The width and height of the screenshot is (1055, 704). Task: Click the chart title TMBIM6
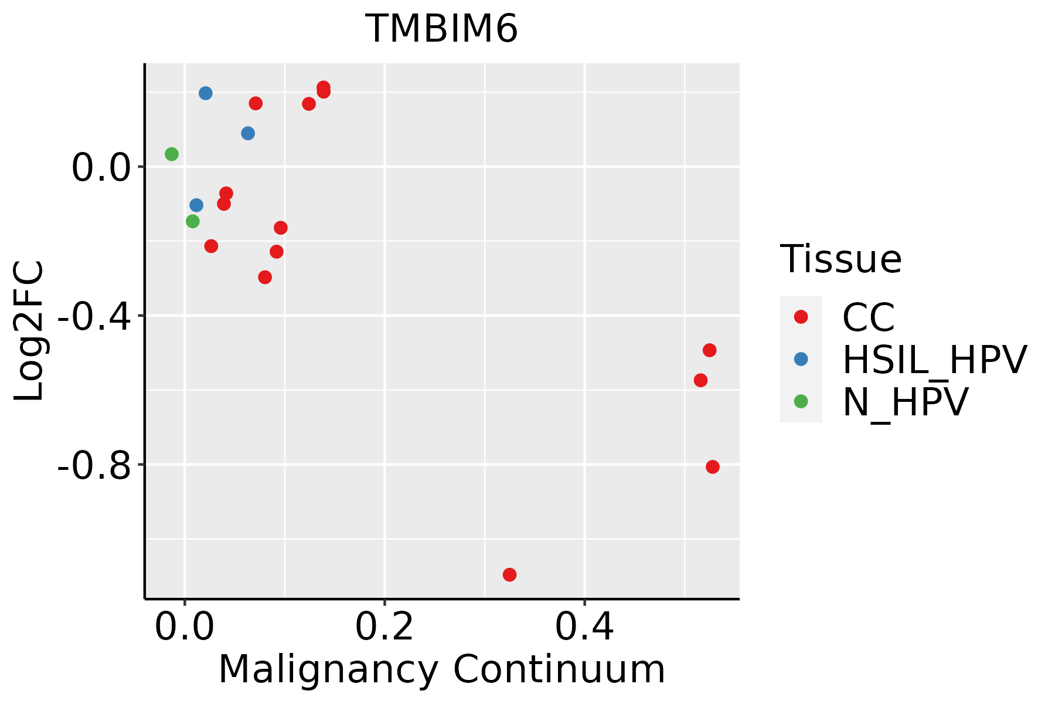pyautogui.click(x=441, y=29)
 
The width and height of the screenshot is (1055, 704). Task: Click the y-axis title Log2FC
pyautogui.click(x=29, y=331)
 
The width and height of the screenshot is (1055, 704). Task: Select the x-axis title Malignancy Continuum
pyautogui.click(x=441, y=669)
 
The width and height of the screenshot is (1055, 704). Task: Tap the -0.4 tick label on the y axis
pyautogui.click(x=94, y=316)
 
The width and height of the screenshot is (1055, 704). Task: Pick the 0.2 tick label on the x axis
pyautogui.click(x=384, y=628)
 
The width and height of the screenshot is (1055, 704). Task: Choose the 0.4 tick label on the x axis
pyautogui.click(x=584, y=628)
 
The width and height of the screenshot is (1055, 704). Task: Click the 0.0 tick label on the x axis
pyautogui.click(x=184, y=628)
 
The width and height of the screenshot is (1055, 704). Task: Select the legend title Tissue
pyautogui.click(x=840, y=259)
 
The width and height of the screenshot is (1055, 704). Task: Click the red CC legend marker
pyautogui.click(x=801, y=317)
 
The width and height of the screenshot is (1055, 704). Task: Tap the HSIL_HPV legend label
pyautogui.click(x=934, y=360)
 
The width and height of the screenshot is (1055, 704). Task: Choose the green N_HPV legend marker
pyautogui.click(x=801, y=401)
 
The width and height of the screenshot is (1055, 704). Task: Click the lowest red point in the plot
pyautogui.click(x=509, y=574)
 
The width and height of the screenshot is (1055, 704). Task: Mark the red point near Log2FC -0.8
pyautogui.click(x=712, y=467)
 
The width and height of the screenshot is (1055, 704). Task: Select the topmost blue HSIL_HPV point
pyautogui.click(x=205, y=93)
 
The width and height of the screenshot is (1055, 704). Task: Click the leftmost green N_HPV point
pyautogui.click(x=172, y=154)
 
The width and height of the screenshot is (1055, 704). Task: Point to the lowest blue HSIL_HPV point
pyautogui.click(x=196, y=205)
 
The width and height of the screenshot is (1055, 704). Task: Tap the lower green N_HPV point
pyautogui.click(x=192, y=221)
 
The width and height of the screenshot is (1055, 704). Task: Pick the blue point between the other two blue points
pyautogui.click(x=248, y=134)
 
